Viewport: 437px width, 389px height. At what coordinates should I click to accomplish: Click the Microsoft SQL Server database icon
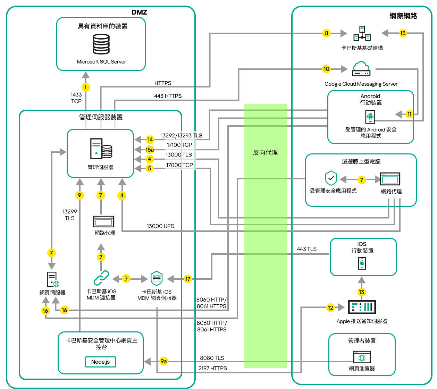coord(101,44)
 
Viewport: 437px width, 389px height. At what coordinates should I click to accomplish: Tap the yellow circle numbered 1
coord(86,87)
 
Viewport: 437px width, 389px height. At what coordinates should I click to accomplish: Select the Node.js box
coord(100,362)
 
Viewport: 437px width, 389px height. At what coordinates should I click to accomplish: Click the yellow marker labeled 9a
coord(163,361)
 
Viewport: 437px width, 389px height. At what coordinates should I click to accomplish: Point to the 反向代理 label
coord(265,153)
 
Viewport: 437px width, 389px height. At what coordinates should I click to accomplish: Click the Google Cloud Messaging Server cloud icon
coord(361,69)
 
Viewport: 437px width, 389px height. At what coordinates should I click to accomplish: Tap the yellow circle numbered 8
coord(326,33)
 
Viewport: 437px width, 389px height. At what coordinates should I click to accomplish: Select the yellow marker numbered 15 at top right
coord(403,33)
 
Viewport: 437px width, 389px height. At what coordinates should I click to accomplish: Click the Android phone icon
coord(370,117)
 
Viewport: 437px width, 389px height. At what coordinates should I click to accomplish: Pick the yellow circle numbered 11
coord(410,114)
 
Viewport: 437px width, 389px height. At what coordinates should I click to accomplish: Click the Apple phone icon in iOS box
coord(362,263)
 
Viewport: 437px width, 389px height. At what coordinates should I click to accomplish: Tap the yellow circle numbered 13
coord(362,292)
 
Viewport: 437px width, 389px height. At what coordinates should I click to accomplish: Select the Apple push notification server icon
coord(362,307)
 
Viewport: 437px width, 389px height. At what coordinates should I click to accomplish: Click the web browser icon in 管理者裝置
coord(362,357)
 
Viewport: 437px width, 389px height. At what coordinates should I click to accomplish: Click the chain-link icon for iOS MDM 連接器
coord(101,278)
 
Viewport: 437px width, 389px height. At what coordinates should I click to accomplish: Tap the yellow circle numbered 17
coord(188,279)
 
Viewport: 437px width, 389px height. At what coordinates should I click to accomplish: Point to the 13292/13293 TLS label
coord(181,136)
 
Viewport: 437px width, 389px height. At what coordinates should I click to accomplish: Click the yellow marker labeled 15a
coord(150,150)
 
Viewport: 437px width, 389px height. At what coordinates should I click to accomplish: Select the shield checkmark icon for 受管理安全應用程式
coord(331,178)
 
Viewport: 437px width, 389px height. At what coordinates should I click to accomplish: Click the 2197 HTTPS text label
coord(212,368)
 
